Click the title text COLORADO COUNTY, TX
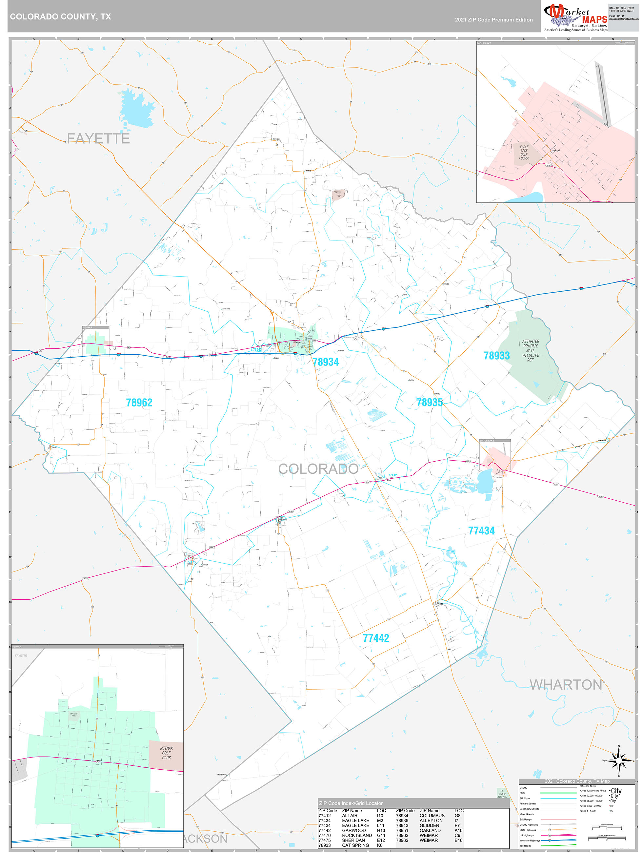(61, 17)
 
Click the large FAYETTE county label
(98, 138)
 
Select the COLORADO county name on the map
(318, 469)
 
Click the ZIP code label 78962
(139, 403)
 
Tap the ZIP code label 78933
(496, 356)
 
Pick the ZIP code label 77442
(376, 638)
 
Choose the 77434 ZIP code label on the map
(481, 531)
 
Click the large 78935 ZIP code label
(430, 403)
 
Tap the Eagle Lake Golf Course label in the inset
(524, 152)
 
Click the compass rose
(619, 760)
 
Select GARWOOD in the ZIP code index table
(353, 831)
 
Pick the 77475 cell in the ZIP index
(324, 840)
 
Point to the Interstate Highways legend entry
(530, 840)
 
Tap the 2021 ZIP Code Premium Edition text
(493, 20)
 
